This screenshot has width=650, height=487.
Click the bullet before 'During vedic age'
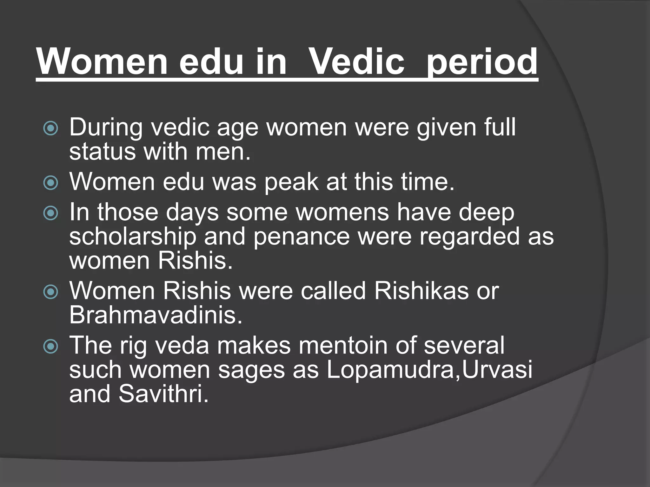[x=51, y=128]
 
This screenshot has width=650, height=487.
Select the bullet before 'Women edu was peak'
[x=51, y=183]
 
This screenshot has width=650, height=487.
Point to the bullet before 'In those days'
[x=51, y=213]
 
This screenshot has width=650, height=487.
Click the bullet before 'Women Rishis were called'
[x=51, y=292]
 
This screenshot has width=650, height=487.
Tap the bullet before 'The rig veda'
[x=51, y=346]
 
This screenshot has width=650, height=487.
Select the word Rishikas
[x=421, y=291]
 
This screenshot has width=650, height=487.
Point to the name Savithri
[x=163, y=394]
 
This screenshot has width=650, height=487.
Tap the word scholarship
[x=133, y=237]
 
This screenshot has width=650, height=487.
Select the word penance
[x=301, y=237]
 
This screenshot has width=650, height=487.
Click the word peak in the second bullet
[x=291, y=182]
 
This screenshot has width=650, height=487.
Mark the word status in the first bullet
[x=102, y=152]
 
